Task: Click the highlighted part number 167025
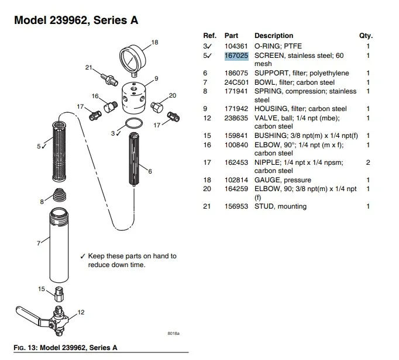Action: (x=236, y=56)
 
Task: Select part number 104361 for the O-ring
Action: (x=236, y=46)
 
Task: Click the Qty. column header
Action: (x=365, y=36)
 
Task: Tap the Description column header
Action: (x=273, y=36)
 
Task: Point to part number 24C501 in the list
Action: (x=236, y=82)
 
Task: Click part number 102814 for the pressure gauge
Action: (x=236, y=180)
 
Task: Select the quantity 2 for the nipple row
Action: (x=368, y=162)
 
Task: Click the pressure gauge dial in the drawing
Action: (x=133, y=58)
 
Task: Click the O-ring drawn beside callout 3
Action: (x=134, y=123)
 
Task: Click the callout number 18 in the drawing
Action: (x=155, y=42)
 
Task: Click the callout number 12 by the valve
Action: (x=81, y=313)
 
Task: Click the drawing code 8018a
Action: (x=174, y=334)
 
